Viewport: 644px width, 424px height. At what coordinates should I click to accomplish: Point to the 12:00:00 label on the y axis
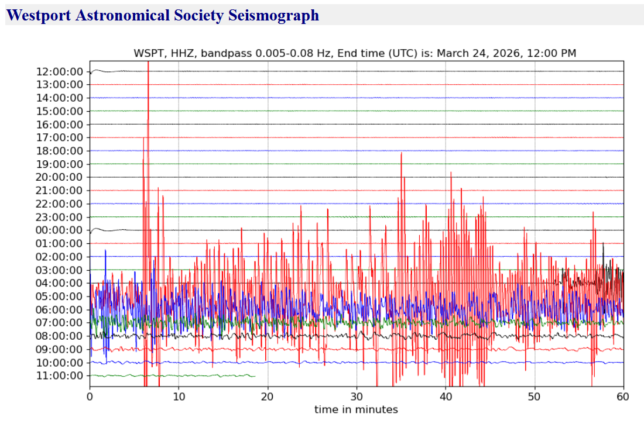[59, 71]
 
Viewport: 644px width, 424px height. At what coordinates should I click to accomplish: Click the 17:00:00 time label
[59, 137]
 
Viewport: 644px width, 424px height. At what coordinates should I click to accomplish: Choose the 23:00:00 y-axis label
[59, 217]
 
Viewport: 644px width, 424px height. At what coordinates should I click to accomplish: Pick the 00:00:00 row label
[59, 230]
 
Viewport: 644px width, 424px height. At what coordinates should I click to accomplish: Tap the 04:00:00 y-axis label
[59, 283]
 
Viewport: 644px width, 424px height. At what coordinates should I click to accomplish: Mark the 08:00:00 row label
[59, 336]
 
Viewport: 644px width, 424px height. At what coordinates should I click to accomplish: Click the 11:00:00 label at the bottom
[59, 375]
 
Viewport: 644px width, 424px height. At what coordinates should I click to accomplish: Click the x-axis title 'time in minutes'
[356, 409]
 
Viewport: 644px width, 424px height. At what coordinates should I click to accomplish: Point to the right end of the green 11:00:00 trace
[255, 375]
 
